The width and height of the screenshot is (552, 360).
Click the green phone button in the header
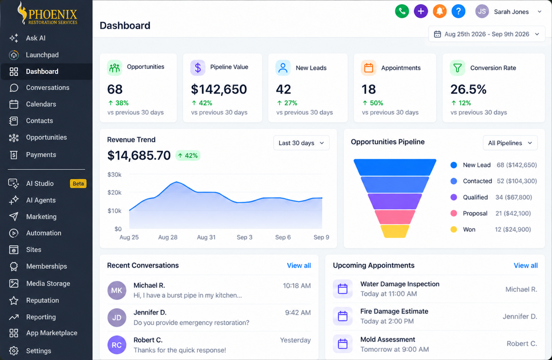pyautogui.click(x=402, y=11)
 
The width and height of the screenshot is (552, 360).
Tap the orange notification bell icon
pyautogui.click(x=440, y=11)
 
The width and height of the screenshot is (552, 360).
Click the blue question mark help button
pyautogui.click(x=458, y=11)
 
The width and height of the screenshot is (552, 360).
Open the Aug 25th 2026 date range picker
pyautogui.click(x=487, y=34)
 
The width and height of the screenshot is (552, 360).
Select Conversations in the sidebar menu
pyautogui.click(x=48, y=88)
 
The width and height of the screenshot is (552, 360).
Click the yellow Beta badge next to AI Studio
pyautogui.click(x=78, y=183)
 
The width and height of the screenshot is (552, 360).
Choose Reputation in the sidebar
pyautogui.click(x=42, y=300)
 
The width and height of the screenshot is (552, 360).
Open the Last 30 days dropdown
pyautogui.click(x=301, y=143)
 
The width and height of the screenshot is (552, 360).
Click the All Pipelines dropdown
pyautogui.click(x=510, y=143)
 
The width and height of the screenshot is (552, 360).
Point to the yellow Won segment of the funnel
pyautogui.click(x=395, y=231)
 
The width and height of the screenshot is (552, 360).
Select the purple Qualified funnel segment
pyautogui.click(x=395, y=202)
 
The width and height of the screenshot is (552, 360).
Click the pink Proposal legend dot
pyautogui.click(x=454, y=213)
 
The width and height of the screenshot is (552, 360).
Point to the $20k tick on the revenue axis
pyautogui.click(x=114, y=192)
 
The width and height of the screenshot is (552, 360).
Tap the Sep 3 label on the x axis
pyautogui.click(x=244, y=237)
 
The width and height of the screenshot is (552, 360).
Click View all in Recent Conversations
pyautogui.click(x=299, y=265)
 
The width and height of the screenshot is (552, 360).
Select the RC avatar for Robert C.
pyautogui.click(x=117, y=345)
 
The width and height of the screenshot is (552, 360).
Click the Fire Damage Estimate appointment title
pyautogui.click(x=394, y=311)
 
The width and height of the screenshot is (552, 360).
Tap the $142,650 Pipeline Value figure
pyautogui.click(x=219, y=89)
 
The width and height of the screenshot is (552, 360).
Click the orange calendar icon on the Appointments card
pyautogui.click(x=369, y=68)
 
